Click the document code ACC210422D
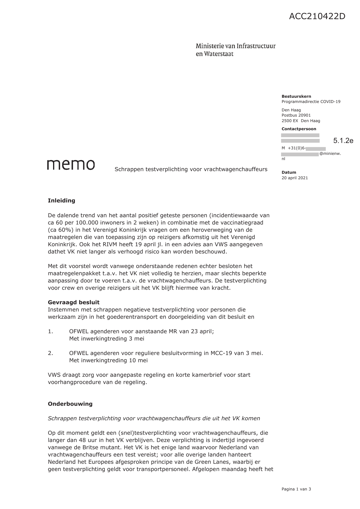click(x=317, y=17)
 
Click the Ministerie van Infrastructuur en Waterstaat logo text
click(x=235, y=50)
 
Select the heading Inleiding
click(x=61, y=201)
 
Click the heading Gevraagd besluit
click(x=74, y=302)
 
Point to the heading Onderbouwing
click(x=70, y=404)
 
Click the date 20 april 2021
click(x=294, y=178)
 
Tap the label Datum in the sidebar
click(x=289, y=172)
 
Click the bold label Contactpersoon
click(x=299, y=129)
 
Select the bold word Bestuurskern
click(x=296, y=96)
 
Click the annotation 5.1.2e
click(x=343, y=141)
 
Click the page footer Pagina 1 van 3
click(x=296, y=489)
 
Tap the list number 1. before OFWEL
click(x=50, y=332)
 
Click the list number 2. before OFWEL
click(x=50, y=353)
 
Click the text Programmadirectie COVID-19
click(x=311, y=102)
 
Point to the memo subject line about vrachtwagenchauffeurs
click(x=191, y=169)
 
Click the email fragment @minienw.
click(x=330, y=154)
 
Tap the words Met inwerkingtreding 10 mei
click(x=108, y=361)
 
